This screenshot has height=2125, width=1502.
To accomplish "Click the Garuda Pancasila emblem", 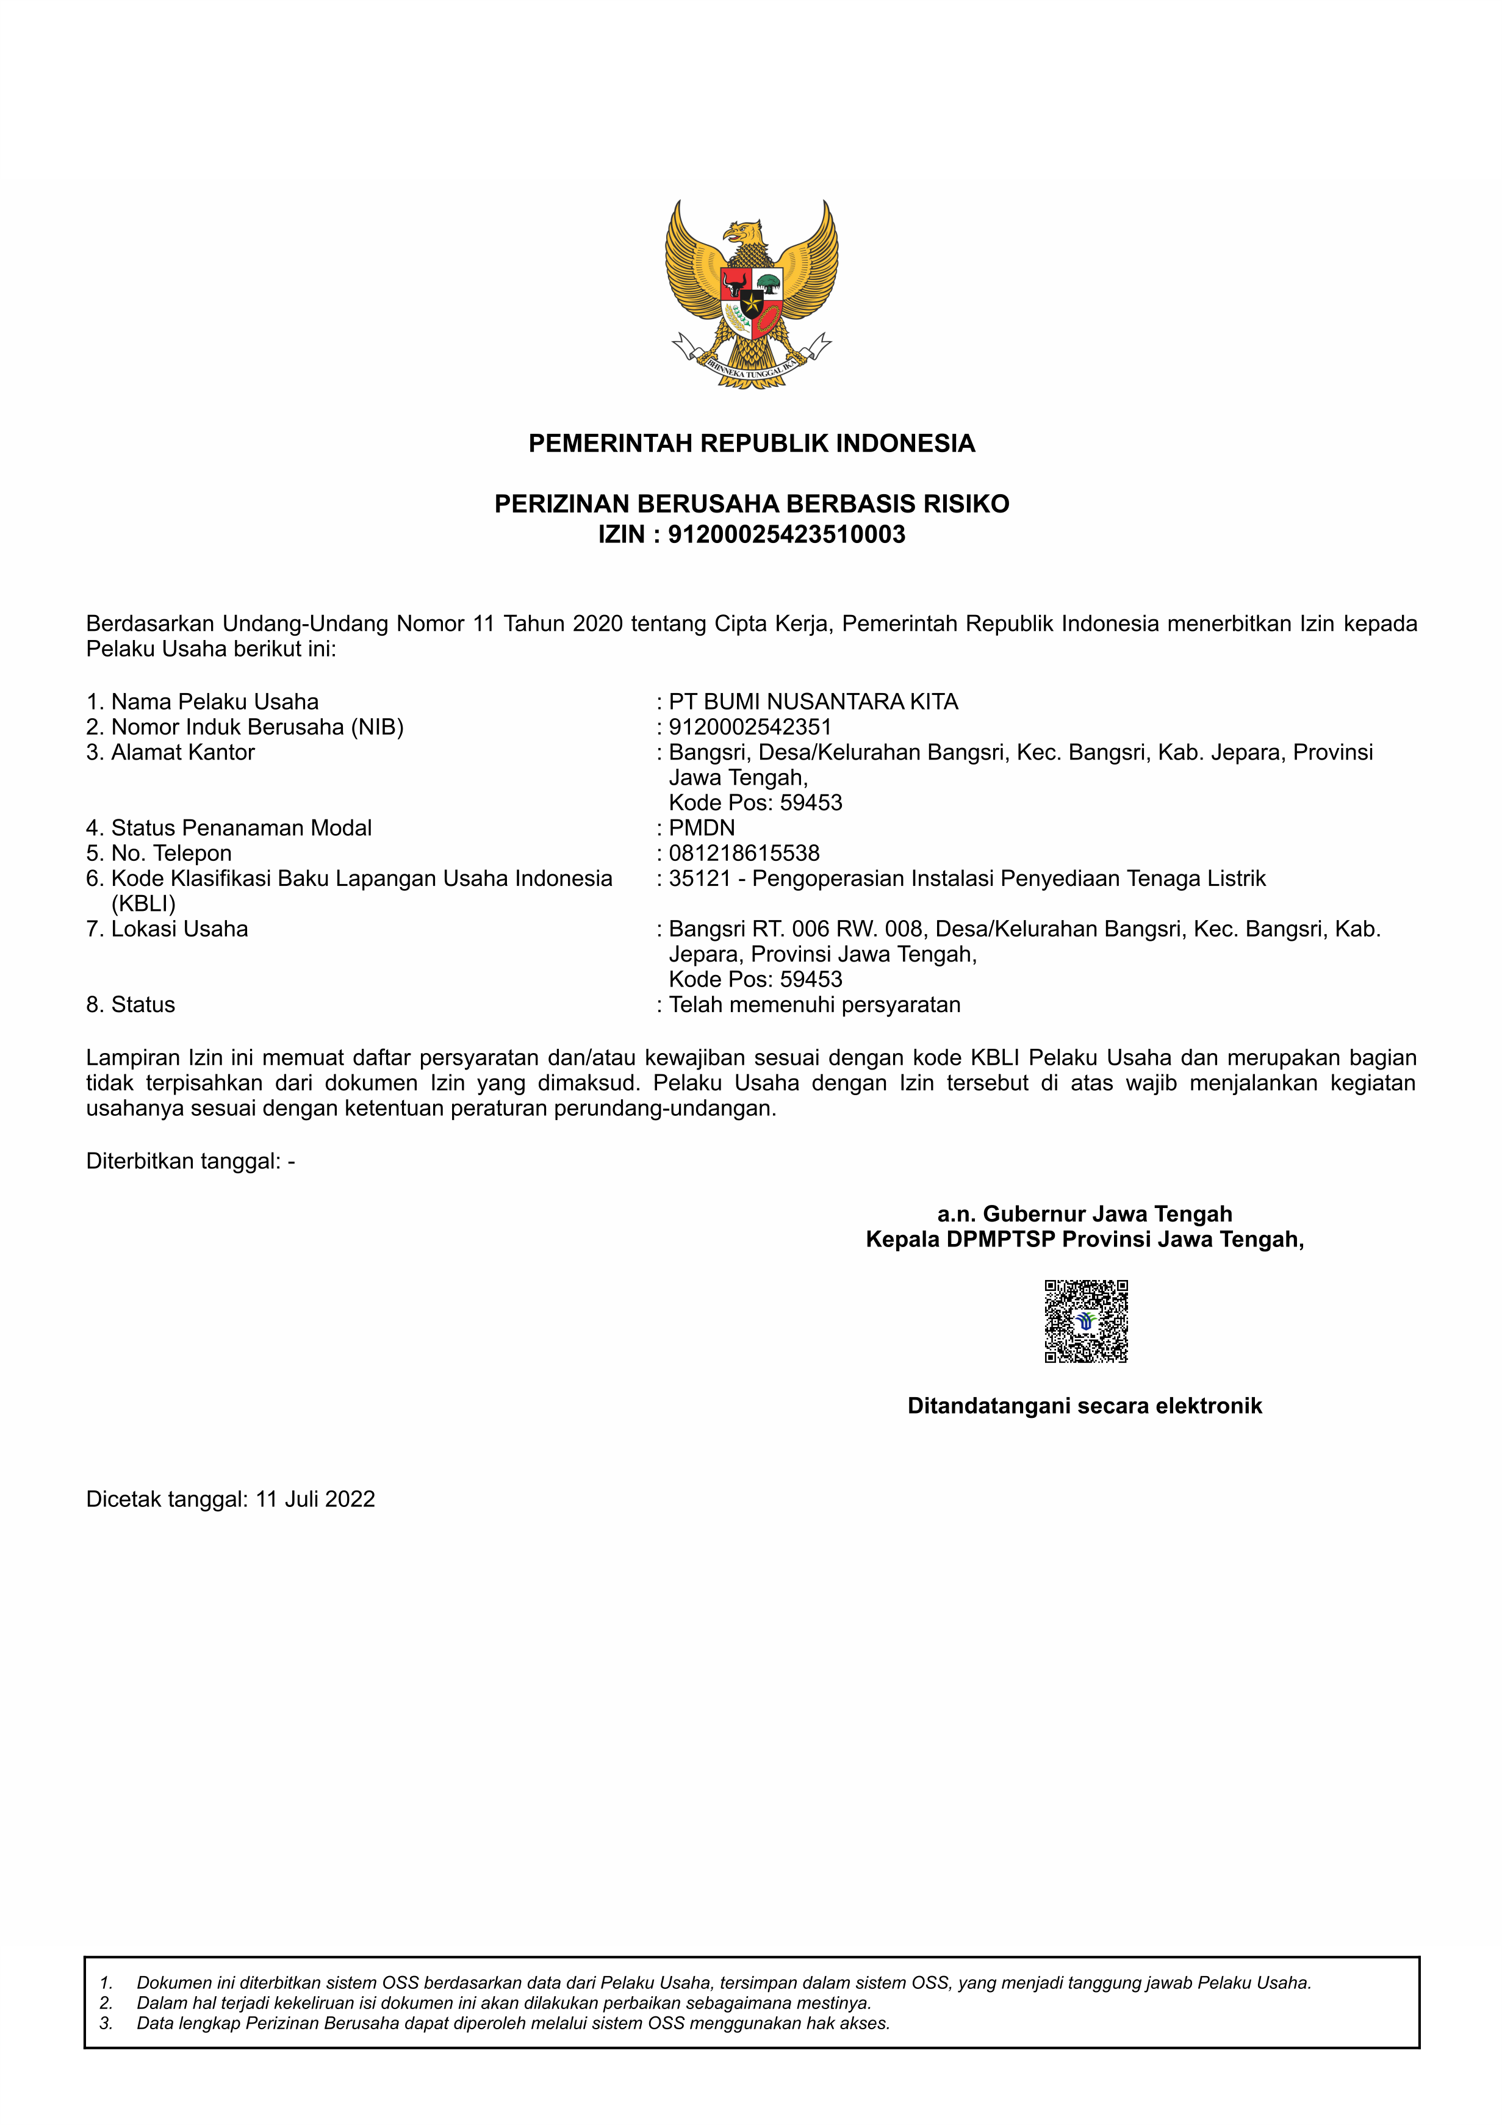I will tap(750, 294).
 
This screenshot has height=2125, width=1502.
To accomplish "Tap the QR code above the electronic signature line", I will tap(1085, 1321).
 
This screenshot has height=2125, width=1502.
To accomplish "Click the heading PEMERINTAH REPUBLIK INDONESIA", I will tap(750, 444).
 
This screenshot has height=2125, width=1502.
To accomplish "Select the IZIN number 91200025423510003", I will tap(786, 535).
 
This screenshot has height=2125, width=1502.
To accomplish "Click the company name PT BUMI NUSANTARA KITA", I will tap(813, 702).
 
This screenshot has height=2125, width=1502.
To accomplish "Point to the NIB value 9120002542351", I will tap(750, 727).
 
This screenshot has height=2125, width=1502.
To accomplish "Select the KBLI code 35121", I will tap(700, 879).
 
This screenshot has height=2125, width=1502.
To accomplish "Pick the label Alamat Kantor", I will tap(182, 752).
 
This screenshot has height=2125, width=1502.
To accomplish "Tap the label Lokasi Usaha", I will tap(179, 929).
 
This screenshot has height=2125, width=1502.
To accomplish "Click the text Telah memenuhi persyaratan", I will tap(814, 1004).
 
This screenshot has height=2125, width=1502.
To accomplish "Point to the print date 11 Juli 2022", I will tap(315, 1500).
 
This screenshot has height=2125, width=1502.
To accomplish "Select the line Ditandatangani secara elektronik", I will tap(1085, 1406).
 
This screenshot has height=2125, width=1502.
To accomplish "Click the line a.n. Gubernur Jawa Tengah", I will tap(1085, 1214).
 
